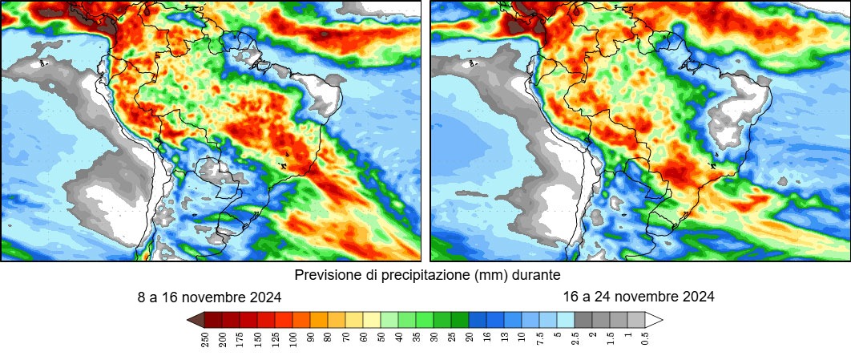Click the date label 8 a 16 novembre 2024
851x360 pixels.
(209, 297)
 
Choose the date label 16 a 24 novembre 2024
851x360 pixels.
(639, 297)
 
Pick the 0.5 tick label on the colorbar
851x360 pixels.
(645, 338)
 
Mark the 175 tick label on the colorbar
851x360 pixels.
(240, 338)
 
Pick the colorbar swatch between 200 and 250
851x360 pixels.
(213, 320)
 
